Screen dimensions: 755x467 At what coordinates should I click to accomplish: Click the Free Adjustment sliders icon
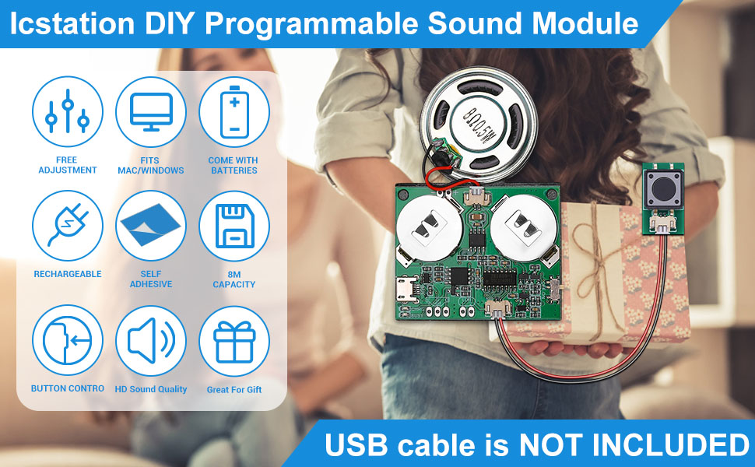pyautogui.click(x=68, y=111)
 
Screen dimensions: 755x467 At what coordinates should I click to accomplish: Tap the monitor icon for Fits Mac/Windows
pyautogui.click(x=151, y=112)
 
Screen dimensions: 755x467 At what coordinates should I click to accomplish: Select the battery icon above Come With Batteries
pyautogui.click(x=234, y=112)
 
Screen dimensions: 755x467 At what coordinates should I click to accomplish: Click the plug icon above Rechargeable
pyautogui.click(x=68, y=225)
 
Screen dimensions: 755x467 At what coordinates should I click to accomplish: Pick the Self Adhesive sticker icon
pyautogui.click(x=151, y=225)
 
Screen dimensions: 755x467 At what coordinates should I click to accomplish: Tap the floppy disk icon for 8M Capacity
pyautogui.click(x=234, y=226)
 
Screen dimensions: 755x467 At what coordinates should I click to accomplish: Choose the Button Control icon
pyautogui.click(x=68, y=340)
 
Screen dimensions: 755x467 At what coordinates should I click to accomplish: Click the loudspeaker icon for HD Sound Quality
pyautogui.click(x=151, y=340)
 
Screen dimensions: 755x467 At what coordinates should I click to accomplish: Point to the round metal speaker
pyautogui.click(x=478, y=124)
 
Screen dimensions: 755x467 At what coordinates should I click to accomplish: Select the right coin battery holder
pyautogui.click(x=525, y=227)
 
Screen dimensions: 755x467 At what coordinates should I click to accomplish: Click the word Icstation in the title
pyautogui.click(x=72, y=23)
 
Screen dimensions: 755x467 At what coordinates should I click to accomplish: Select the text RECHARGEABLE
pyautogui.click(x=68, y=274)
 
